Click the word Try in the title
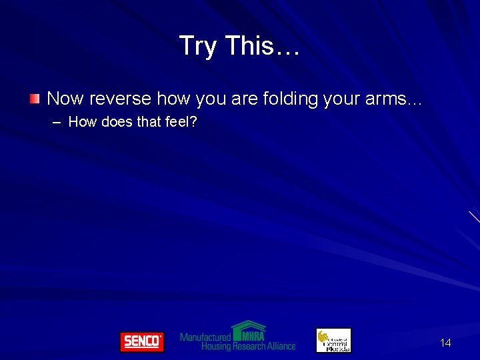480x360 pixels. [199, 47]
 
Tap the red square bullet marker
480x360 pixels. [35, 99]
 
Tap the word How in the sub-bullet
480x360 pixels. [83, 121]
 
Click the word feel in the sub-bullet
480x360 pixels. [181, 121]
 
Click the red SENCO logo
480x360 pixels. [141, 341]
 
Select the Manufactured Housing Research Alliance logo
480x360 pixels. [238, 337]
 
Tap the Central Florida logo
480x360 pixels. [333, 340]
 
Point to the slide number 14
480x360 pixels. [445, 343]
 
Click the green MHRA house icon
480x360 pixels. [248, 329]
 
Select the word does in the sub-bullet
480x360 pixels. [117, 121]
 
